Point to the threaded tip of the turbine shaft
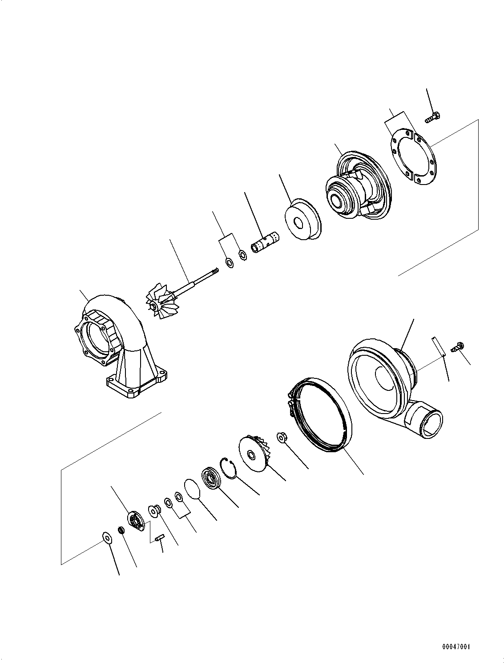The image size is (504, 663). pyautogui.click(x=216, y=270)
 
